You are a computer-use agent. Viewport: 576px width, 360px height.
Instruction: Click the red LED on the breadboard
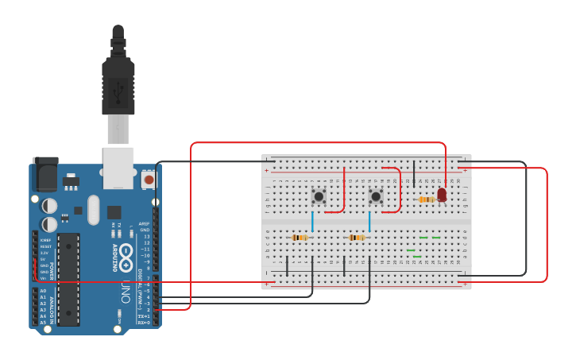pyautogui.click(x=442, y=195)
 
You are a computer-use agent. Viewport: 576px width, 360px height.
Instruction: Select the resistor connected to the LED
pyautogui.click(x=427, y=199)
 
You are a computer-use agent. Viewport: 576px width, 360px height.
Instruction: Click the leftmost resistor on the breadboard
pyautogui.click(x=300, y=238)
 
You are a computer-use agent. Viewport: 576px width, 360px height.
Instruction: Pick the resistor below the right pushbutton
pyautogui.click(x=358, y=238)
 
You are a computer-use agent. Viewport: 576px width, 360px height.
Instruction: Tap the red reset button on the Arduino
pyautogui.click(x=149, y=180)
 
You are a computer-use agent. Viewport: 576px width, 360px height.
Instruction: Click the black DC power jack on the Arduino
pyautogui.click(x=44, y=173)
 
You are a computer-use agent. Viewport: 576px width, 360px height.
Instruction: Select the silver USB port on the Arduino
pyautogui.click(x=118, y=168)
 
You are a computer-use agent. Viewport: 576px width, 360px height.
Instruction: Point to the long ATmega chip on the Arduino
pyautogui.click(x=68, y=279)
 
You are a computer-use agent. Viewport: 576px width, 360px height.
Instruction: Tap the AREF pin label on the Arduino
pyautogui.click(x=144, y=224)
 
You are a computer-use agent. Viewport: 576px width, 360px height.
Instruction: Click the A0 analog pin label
pyautogui.click(x=43, y=291)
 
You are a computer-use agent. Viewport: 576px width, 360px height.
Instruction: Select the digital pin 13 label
pyautogui.click(x=145, y=237)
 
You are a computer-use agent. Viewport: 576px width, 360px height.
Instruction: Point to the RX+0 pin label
pyautogui.click(x=144, y=323)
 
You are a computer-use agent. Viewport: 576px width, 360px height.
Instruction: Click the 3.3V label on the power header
pyautogui.click(x=44, y=253)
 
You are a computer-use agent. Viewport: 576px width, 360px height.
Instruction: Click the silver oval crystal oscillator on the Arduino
pyautogui.click(x=94, y=211)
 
